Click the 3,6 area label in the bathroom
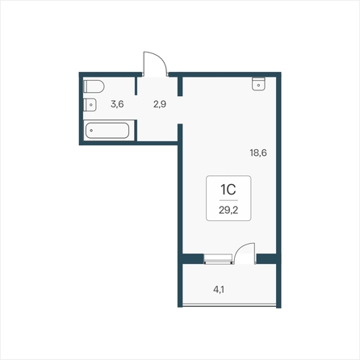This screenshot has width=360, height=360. (x=117, y=103)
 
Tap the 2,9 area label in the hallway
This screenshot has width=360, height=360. (x=160, y=104)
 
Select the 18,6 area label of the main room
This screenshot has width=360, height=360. (x=258, y=153)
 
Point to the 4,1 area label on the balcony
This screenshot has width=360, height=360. (x=219, y=290)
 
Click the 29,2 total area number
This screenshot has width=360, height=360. (x=228, y=210)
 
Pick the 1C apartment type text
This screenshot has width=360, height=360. (x=228, y=190)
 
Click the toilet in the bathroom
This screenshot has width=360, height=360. (x=94, y=86)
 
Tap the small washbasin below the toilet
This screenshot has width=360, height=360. (x=90, y=105)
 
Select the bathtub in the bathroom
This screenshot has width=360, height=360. (x=107, y=131)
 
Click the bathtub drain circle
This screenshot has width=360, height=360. (x=91, y=131)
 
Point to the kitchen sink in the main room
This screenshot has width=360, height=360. (x=258, y=84)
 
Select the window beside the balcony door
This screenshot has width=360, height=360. (x=218, y=259)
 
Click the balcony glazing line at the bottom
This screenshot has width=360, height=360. (x=229, y=305)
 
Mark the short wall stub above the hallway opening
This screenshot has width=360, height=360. (x=180, y=86)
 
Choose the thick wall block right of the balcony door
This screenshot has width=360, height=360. (x=266, y=258)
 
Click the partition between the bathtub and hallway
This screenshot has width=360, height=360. (x=136, y=130)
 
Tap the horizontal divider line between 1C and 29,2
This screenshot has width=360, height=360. (x=228, y=200)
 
